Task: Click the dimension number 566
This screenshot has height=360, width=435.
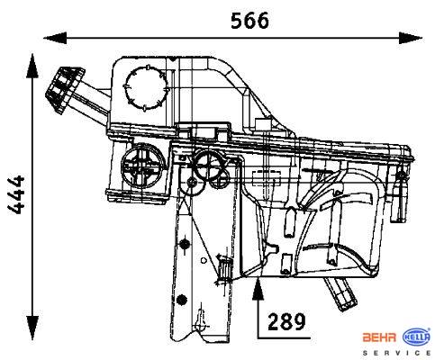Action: click(249, 21)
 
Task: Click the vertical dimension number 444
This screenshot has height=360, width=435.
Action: click(16, 194)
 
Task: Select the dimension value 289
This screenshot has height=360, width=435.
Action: click(286, 321)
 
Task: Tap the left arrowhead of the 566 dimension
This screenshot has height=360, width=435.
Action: click(55, 38)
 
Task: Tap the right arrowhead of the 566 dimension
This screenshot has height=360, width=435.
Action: click(411, 38)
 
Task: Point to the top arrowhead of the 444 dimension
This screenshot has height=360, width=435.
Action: click(32, 66)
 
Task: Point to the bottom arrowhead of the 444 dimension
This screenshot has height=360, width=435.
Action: click(32, 328)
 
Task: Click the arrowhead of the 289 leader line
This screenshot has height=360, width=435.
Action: click(258, 289)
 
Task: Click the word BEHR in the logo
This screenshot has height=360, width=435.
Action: click(379, 337)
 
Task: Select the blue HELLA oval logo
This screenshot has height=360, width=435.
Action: click(416, 337)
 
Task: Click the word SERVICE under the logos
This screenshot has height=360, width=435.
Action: click(396, 353)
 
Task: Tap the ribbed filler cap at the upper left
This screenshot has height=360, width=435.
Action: click(65, 89)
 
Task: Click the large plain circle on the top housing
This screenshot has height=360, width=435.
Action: click(145, 88)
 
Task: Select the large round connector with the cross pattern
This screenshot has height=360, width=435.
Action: click(143, 166)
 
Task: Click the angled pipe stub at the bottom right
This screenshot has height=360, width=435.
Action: click(340, 293)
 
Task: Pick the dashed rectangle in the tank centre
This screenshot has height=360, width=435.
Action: click(267, 178)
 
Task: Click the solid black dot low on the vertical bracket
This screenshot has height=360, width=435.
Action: click(182, 299)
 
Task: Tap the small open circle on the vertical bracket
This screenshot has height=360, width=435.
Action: click(204, 260)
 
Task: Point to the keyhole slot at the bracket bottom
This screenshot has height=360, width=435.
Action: click(199, 319)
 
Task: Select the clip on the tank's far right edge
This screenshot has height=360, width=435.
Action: click(400, 195)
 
